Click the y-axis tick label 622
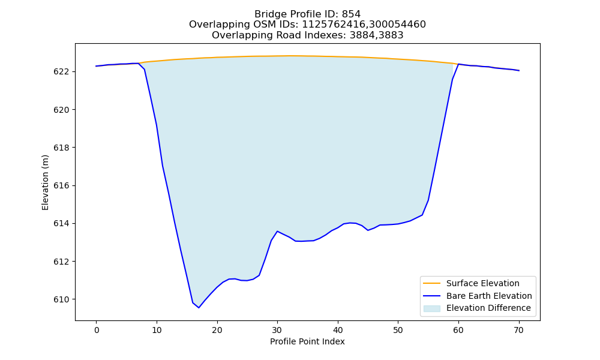[62, 72]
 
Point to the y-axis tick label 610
[62, 299]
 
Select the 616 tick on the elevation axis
[62, 186]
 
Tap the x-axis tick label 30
[277, 330]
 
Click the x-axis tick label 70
[519, 330]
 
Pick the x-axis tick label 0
[97, 330]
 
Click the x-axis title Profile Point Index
[307, 341]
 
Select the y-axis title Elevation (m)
[45, 182]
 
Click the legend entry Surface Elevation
[482, 283]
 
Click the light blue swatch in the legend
[431, 308]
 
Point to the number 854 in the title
[351, 14]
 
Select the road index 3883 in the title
[391, 35]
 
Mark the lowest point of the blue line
[199, 308]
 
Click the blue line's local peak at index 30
[277, 231]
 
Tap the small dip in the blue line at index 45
[368, 230]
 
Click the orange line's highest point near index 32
[289, 56]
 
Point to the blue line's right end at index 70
[519, 70]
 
